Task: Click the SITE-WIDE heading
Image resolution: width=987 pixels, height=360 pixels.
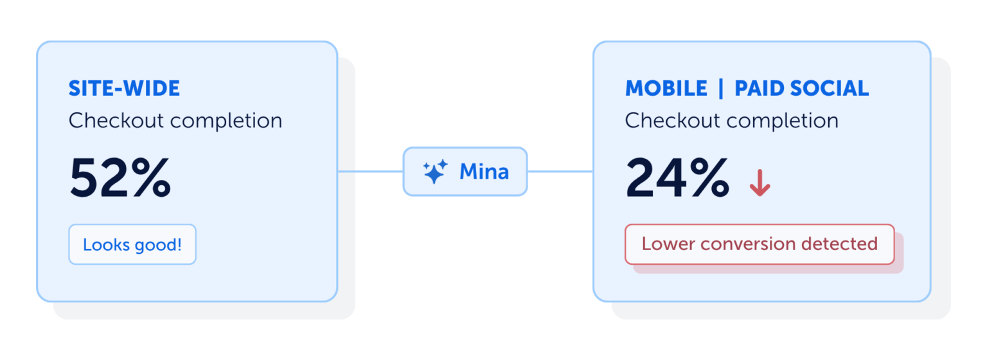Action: point(124,88)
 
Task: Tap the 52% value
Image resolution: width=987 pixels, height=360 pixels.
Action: point(120,178)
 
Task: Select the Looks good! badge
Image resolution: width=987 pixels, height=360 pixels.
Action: point(132,244)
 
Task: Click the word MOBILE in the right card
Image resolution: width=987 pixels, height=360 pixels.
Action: point(666,88)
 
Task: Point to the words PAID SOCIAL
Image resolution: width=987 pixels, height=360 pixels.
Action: point(801,88)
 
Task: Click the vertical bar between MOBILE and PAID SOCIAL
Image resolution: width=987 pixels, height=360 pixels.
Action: point(721,88)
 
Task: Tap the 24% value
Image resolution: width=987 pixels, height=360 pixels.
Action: point(677,178)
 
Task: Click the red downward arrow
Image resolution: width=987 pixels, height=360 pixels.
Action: point(760,183)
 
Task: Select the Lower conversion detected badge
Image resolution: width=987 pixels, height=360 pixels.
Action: point(760,244)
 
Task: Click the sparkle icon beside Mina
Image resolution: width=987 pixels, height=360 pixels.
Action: point(435,172)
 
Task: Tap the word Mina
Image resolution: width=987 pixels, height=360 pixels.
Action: point(484,172)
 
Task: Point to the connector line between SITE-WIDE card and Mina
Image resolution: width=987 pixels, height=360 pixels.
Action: point(371,172)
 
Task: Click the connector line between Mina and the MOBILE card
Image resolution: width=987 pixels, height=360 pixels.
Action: point(560,172)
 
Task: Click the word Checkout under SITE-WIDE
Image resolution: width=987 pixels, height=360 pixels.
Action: point(116,120)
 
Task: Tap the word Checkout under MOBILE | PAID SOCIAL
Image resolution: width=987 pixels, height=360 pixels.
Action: point(672,120)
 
